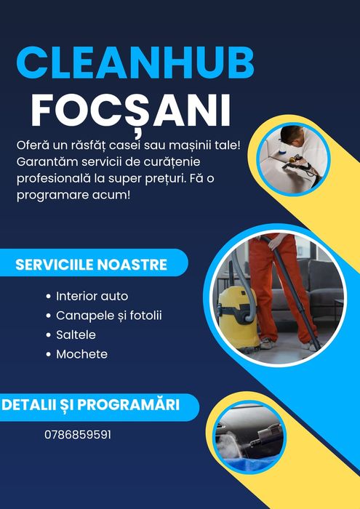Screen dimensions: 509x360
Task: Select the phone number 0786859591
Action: pyautogui.click(x=78, y=435)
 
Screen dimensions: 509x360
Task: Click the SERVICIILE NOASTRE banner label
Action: pyautogui.click(x=92, y=263)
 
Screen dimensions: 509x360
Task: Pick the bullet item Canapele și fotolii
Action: pyautogui.click(x=108, y=316)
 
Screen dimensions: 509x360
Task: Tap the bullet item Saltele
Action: pyautogui.click(x=76, y=335)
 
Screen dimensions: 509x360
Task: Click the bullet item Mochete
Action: pyautogui.click(x=81, y=354)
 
